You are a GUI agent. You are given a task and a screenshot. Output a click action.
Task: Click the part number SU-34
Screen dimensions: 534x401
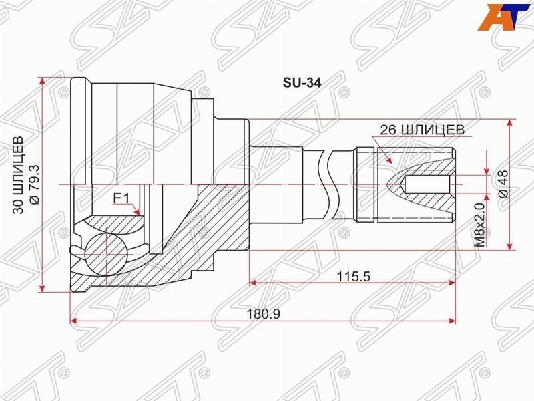[x=302, y=83]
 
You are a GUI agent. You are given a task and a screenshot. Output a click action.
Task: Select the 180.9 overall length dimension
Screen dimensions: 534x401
[x=263, y=313]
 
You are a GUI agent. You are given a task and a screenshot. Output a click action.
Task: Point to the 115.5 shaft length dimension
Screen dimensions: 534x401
[x=353, y=277]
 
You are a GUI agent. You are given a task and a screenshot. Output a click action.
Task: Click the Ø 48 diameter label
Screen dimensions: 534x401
[x=503, y=184]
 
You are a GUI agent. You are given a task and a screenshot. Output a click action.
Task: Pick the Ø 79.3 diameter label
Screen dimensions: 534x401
[x=35, y=184]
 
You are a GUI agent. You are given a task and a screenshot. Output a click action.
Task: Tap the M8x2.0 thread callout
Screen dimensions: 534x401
[x=479, y=225]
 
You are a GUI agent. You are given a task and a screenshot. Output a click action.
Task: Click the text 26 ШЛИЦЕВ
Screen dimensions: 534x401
[x=422, y=130]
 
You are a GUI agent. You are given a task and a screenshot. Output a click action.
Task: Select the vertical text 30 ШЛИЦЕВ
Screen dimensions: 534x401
[x=19, y=175]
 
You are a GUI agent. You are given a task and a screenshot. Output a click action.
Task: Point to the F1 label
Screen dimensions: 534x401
[x=121, y=198]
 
